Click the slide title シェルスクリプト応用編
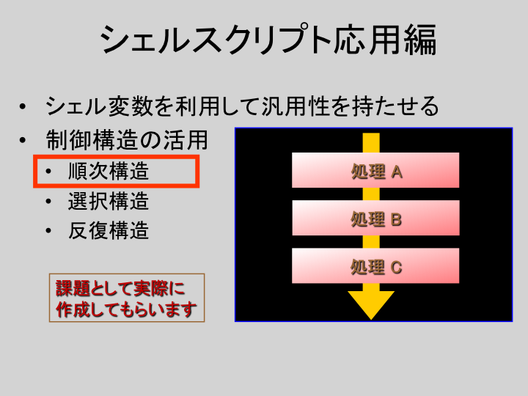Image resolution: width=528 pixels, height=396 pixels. (x=268, y=40)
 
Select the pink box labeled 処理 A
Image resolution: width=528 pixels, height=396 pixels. (x=375, y=170)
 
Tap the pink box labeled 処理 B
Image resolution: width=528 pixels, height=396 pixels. (x=375, y=218)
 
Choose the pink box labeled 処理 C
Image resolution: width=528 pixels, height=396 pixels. (x=375, y=265)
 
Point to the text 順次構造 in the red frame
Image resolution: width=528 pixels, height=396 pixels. (x=109, y=171)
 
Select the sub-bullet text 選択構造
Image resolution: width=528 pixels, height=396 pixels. (x=109, y=201)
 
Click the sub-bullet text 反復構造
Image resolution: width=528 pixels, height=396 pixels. (x=109, y=231)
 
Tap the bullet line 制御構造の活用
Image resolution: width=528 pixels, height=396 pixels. (x=127, y=140)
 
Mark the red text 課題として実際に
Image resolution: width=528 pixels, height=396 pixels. (x=120, y=288)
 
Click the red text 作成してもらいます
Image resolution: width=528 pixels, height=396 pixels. (x=126, y=309)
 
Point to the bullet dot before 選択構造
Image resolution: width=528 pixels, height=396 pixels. (x=48, y=202)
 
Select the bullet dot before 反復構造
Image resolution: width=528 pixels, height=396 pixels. (x=48, y=231)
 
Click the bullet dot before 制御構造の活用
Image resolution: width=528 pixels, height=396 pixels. (x=23, y=140)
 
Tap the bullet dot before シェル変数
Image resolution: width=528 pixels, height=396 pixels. (x=23, y=107)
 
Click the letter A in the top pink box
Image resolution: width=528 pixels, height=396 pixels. (x=397, y=173)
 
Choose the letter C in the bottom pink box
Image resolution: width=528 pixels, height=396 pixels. (x=396, y=268)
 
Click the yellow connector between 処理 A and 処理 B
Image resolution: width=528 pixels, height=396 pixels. (x=371, y=194)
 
